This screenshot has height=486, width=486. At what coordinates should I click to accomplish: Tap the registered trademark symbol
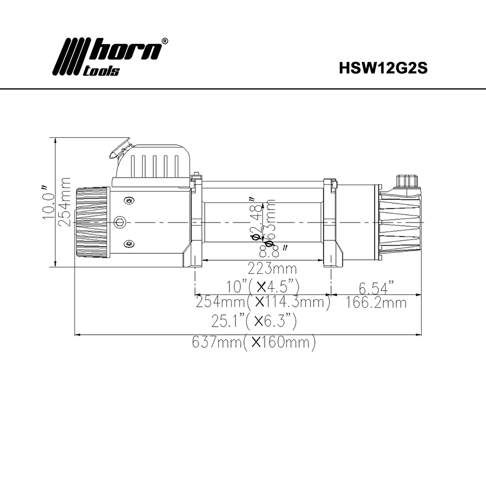click(x=165, y=41)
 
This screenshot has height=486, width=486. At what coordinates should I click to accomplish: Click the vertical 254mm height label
click(x=66, y=201)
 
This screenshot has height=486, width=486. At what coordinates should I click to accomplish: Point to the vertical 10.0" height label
click(x=48, y=201)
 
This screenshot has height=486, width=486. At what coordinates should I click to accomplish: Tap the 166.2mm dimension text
click(x=375, y=302)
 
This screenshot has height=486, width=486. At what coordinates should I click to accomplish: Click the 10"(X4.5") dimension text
click(x=263, y=286)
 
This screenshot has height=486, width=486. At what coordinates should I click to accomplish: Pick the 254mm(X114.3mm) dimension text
click(x=262, y=302)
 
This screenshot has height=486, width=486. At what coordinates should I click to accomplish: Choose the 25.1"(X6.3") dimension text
click(x=254, y=322)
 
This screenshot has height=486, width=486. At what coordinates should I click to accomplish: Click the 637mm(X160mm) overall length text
click(x=253, y=342)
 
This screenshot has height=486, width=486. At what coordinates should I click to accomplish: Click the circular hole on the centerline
click(x=120, y=222)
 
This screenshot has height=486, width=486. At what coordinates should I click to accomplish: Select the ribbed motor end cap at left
click(x=92, y=222)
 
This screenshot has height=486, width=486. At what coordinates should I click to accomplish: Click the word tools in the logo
click(x=102, y=71)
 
